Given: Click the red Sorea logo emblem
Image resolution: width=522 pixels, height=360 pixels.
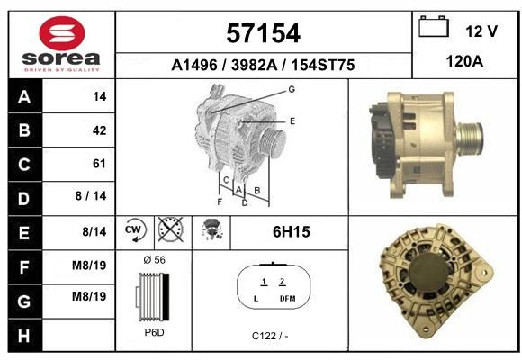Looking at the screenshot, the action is point(62,33).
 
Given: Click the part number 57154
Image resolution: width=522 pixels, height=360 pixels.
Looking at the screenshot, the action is point(263,33).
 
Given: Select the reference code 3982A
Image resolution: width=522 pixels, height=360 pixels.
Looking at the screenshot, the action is point(254,65).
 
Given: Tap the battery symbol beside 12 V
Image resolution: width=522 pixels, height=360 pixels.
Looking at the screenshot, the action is point(434,26).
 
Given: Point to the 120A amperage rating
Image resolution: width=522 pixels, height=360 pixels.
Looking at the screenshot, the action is point(464,61).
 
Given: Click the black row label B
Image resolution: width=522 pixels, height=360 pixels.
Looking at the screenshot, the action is point(24,130).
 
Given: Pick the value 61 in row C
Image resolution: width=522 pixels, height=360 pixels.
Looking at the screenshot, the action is point(99,164).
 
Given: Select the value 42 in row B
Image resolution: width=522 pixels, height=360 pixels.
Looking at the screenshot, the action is point(100,130).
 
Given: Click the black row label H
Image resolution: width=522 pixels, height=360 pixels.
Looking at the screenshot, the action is point(24,336).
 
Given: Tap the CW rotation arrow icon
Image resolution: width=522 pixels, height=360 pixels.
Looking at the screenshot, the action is point(135,230).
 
